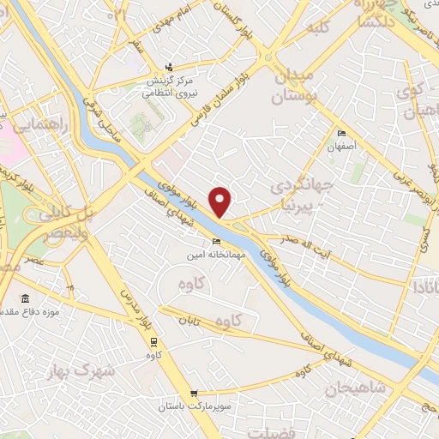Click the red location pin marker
coord(220,201)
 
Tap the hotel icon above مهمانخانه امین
coord(216,241)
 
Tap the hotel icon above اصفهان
coord(342,133)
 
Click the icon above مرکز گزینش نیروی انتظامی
coord(170,66)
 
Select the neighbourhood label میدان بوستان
coord(293,87)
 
